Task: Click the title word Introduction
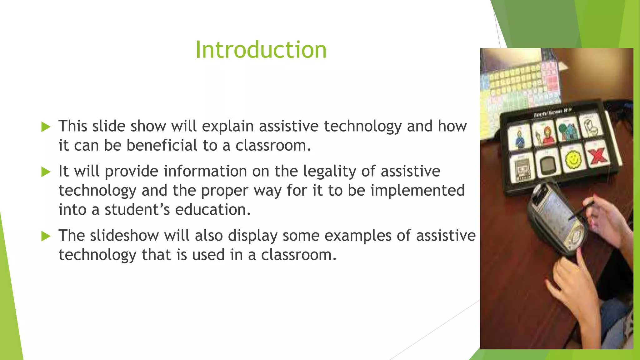(261, 50)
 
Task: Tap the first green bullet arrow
(46, 127)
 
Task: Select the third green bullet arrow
(46, 236)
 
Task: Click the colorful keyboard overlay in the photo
(522, 84)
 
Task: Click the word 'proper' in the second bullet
(224, 191)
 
